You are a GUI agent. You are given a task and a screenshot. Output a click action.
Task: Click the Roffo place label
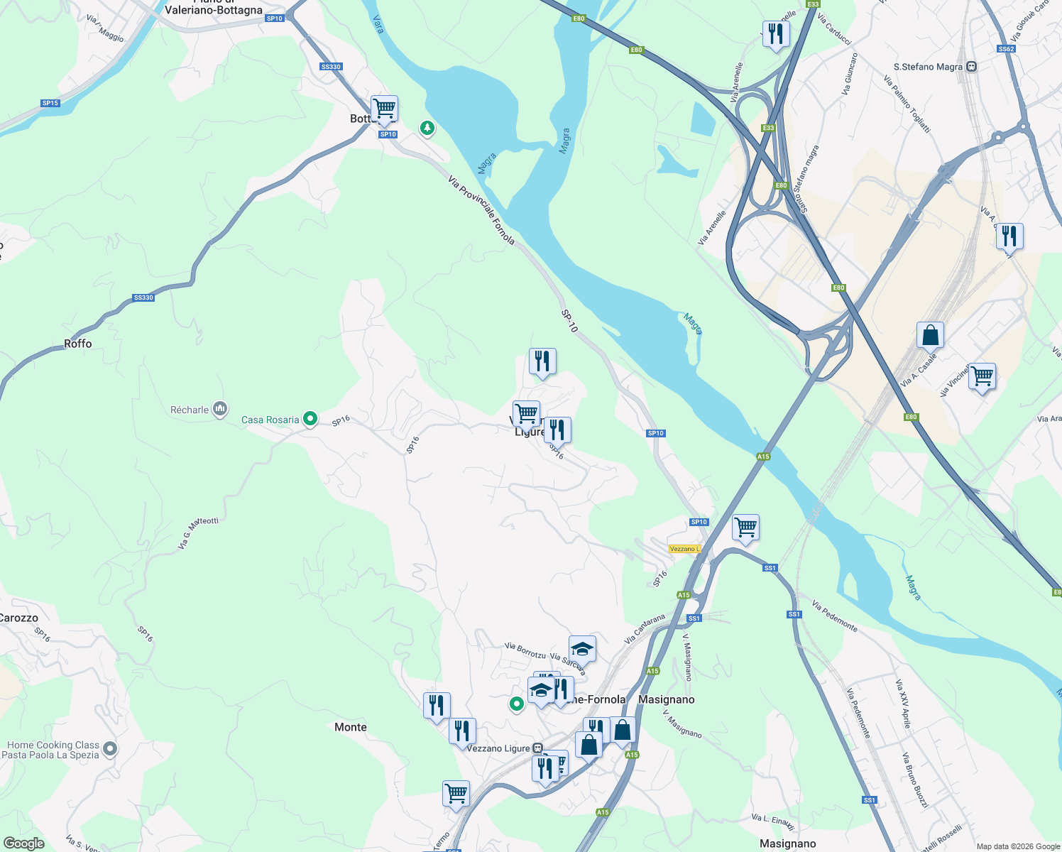tap(78, 344)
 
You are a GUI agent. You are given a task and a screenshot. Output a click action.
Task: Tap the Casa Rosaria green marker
tap(310, 420)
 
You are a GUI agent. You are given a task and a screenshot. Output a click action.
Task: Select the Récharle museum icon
tap(220, 409)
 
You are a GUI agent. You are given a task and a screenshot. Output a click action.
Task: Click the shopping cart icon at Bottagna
tap(384, 109)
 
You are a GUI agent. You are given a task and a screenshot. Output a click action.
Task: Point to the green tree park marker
tap(427, 128)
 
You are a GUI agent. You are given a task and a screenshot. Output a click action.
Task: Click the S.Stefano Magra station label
tap(928, 67)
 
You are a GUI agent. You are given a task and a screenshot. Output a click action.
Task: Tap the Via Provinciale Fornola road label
tap(481, 211)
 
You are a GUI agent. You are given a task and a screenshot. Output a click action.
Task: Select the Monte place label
tap(351, 727)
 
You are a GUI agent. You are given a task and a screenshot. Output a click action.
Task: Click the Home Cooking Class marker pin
tap(110, 748)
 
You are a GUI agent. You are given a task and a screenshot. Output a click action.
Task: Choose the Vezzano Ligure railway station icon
tap(538, 748)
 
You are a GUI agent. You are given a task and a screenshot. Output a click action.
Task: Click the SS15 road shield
tap(50, 103)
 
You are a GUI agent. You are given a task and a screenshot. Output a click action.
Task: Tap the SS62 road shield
tap(1006, 49)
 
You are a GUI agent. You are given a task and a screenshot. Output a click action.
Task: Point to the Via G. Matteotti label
tap(198, 533)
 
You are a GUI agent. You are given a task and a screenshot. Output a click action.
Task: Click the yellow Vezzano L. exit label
tap(684, 549)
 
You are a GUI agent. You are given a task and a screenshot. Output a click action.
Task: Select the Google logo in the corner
tap(23, 843)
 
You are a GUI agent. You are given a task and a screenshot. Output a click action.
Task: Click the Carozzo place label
tap(19, 618)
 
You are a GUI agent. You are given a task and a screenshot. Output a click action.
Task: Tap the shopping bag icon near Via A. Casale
tap(930, 335)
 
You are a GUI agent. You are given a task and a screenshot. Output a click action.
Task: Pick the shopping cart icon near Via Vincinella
tap(982, 376)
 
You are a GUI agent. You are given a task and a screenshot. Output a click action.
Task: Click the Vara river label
tap(378, 25)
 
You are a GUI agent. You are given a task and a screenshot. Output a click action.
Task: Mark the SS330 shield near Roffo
tap(143, 297)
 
